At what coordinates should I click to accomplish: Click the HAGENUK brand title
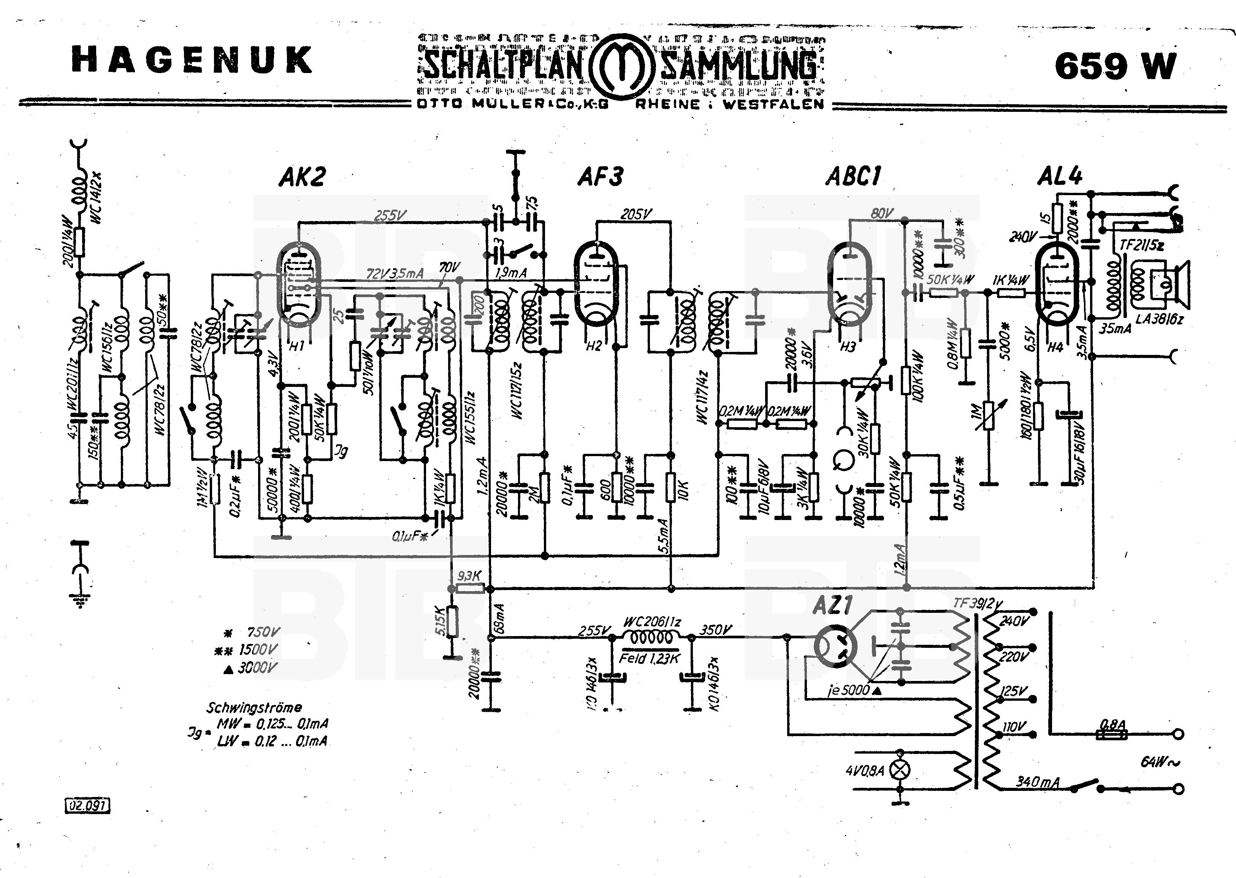(x=192, y=59)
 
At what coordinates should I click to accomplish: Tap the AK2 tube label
(x=302, y=177)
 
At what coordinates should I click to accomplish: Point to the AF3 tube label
(x=600, y=177)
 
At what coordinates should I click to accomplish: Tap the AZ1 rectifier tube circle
(x=835, y=646)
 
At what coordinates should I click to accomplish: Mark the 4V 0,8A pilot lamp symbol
(x=900, y=770)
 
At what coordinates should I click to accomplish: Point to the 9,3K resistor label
(x=469, y=576)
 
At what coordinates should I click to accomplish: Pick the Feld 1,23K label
(x=649, y=658)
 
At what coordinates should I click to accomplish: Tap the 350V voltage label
(x=716, y=630)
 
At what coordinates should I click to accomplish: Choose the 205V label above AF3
(x=636, y=215)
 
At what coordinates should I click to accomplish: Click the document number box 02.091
(x=87, y=806)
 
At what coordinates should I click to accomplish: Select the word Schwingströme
(x=254, y=707)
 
